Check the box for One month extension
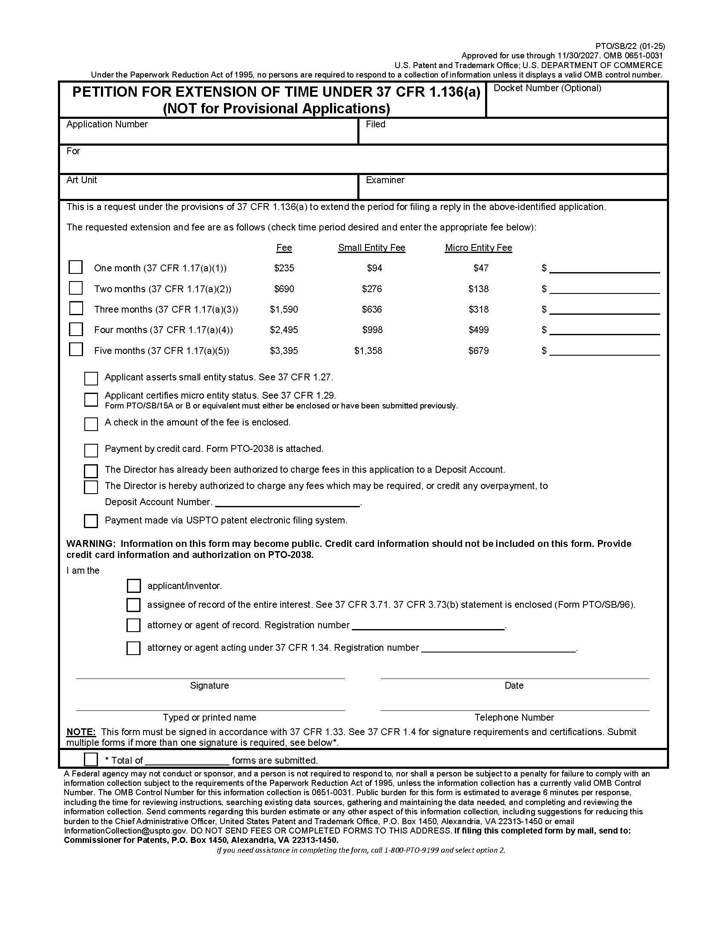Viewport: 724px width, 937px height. point(75,267)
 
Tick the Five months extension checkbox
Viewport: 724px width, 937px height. point(75,349)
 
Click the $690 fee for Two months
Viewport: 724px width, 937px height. point(284,289)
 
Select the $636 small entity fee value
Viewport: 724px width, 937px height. point(371,309)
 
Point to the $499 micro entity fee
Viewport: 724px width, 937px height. point(478,330)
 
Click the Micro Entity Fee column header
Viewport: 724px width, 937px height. point(478,247)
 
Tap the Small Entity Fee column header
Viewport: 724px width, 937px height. point(371,247)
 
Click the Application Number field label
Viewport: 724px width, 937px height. point(107,124)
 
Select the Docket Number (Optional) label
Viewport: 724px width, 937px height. point(547,88)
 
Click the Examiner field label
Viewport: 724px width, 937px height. point(385,180)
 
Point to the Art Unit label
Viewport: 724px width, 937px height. point(81,180)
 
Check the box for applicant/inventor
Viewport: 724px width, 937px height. point(133,586)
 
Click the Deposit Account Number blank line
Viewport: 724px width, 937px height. point(287,503)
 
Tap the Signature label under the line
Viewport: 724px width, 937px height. point(209,686)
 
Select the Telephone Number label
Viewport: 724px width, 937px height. point(514,717)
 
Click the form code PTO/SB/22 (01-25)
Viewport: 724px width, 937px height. point(629,46)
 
